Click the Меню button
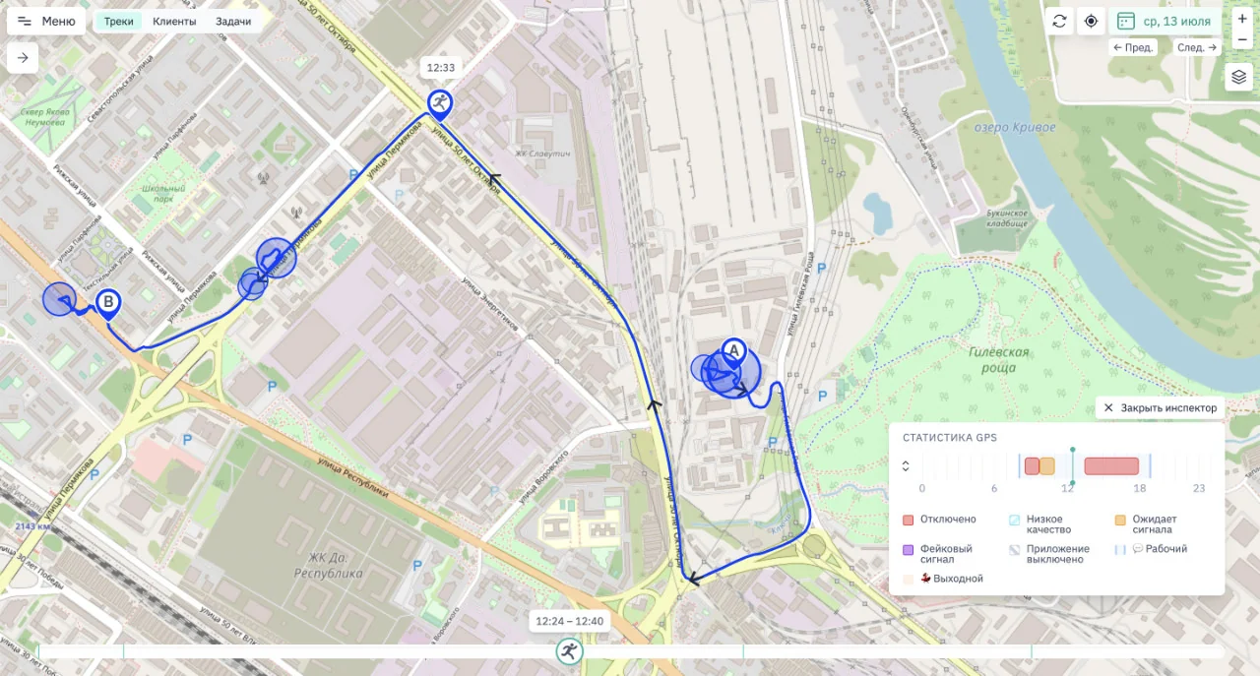pyautogui.click(x=46, y=21)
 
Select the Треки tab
pyautogui.click(x=119, y=21)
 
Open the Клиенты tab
pyautogui.click(x=174, y=21)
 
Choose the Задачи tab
pyautogui.click(x=233, y=21)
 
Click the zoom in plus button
pyautogui.click(x=1241, y=19)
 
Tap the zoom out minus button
pyautogui.click(x=1241, y=40)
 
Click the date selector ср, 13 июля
pyautogui.click(x=1165, y=21)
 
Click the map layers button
pyautogui.click(x=1238, y=77)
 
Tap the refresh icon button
pyautogui.click(x=1059, y=21)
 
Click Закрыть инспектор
pyautogui.click(x=1160, y=407)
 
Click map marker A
pyautogui.click(x=733, y=351)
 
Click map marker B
pyautogui.click(x=108, y=303)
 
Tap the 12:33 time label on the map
pyautogui.click(x=439, y=68)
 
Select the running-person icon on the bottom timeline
pyautogui.click(x=568, y=649)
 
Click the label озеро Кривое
pyautogui.click(x=1014, y=128)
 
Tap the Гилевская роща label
pyautogui.click(x=998, y=359)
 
